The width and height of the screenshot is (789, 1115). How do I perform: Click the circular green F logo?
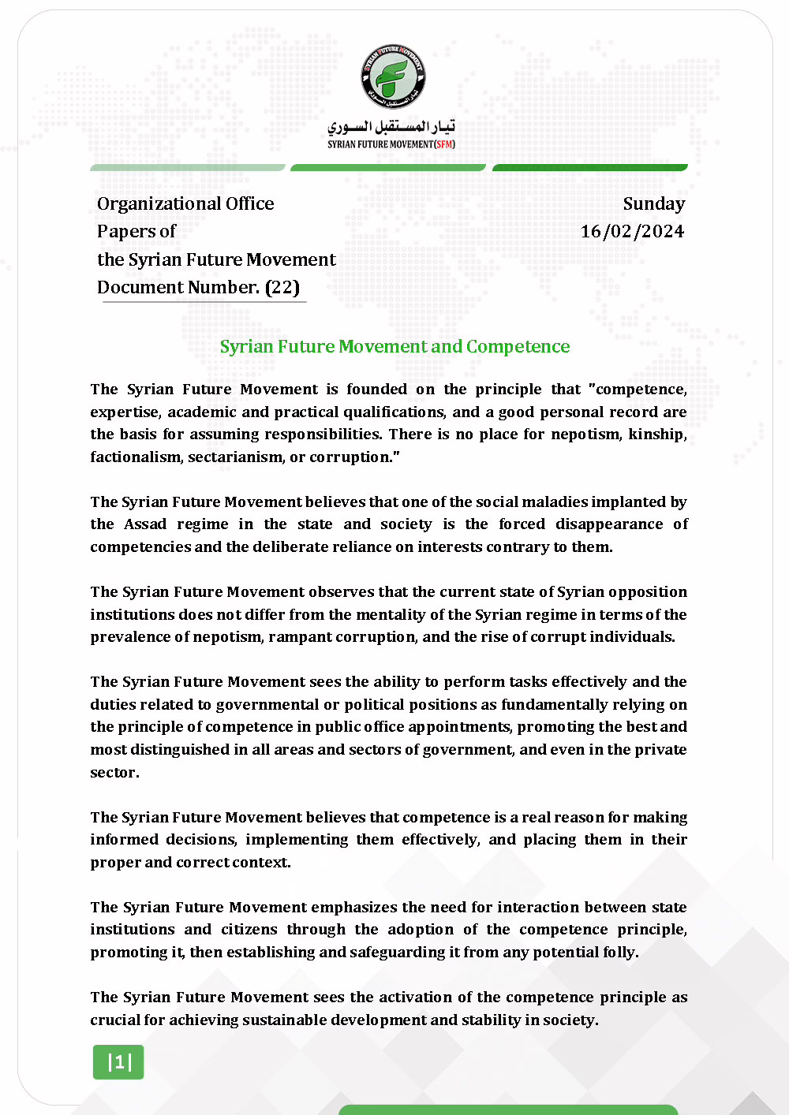(393, 76)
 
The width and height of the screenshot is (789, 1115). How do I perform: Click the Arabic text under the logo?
(391, 126)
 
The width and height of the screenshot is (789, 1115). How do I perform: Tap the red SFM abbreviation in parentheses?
(445, 144)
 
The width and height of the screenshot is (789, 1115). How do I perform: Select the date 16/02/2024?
(632, 231)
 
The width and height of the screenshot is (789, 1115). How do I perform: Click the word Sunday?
(653, 203)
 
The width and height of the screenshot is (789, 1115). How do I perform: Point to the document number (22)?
(282, 287)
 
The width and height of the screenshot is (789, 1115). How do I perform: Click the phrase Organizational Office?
(185, 203)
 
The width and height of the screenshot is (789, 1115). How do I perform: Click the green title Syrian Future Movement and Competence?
(394, 346)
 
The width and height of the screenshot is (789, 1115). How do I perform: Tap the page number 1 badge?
(118, 1062)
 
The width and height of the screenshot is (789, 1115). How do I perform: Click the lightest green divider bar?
(188, 167)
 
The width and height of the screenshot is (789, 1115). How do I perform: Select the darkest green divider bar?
(590, 167)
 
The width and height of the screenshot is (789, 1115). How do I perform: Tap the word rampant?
(300, 637)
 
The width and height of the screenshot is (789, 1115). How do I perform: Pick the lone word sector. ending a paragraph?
(114, 773)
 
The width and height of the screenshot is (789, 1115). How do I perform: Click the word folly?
(620, 953)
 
